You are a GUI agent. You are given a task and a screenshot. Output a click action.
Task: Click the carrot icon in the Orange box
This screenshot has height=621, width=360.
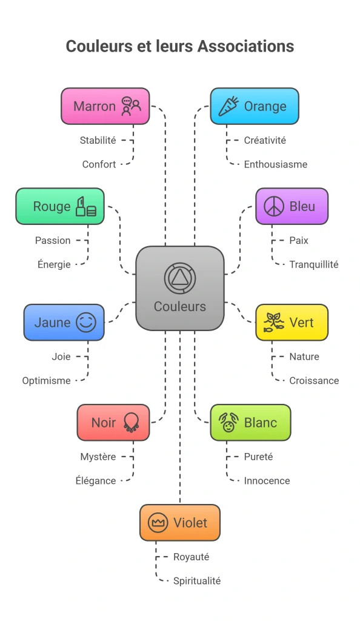[x=228, y=106]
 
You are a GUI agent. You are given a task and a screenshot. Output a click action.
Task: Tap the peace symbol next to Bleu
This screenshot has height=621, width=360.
[x=274, y=206]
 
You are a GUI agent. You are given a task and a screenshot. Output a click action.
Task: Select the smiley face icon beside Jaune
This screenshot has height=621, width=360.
[x=86, y=323]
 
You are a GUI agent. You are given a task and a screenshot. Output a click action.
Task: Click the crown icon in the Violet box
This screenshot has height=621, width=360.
[x=158, y=523]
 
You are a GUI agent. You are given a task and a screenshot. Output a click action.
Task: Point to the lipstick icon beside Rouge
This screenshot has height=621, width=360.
[x=86, y=206]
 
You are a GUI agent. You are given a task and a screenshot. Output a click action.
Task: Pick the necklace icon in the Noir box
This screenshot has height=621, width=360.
[x=132, y=423]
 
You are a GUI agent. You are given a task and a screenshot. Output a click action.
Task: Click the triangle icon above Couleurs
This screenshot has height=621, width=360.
[x=180, y=278]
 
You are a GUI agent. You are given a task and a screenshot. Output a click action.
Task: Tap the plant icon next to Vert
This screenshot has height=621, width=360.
[x=274, y=323]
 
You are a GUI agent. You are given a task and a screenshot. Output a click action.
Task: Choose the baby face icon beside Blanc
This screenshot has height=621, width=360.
[x=228, y=423]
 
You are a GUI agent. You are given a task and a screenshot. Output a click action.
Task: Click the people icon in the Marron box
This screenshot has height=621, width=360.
[x=132, y=106]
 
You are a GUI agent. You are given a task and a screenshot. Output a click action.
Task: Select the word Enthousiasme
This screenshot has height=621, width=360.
[x=276, y=164]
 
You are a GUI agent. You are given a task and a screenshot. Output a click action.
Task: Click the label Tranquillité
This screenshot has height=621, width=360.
[x=314, y=264]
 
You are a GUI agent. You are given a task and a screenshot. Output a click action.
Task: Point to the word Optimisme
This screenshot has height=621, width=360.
[x=46, y=381]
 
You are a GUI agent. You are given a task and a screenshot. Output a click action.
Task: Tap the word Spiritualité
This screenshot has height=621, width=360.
[x=197, y=581]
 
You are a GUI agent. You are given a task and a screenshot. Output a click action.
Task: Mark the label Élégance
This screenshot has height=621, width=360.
[x=96, y=480]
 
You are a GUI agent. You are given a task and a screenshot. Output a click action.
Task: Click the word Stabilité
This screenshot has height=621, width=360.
[x=98, y=140]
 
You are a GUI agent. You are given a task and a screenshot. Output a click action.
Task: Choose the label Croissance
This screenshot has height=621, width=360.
[x=314, y=381]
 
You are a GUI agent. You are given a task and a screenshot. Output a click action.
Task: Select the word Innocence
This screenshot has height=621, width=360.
[x=267, y=481]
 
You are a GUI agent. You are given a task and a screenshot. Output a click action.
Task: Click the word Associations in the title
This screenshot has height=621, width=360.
[x=245, y=46]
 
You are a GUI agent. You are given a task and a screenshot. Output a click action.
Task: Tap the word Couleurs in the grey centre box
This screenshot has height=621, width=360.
[x=180, y=306]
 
